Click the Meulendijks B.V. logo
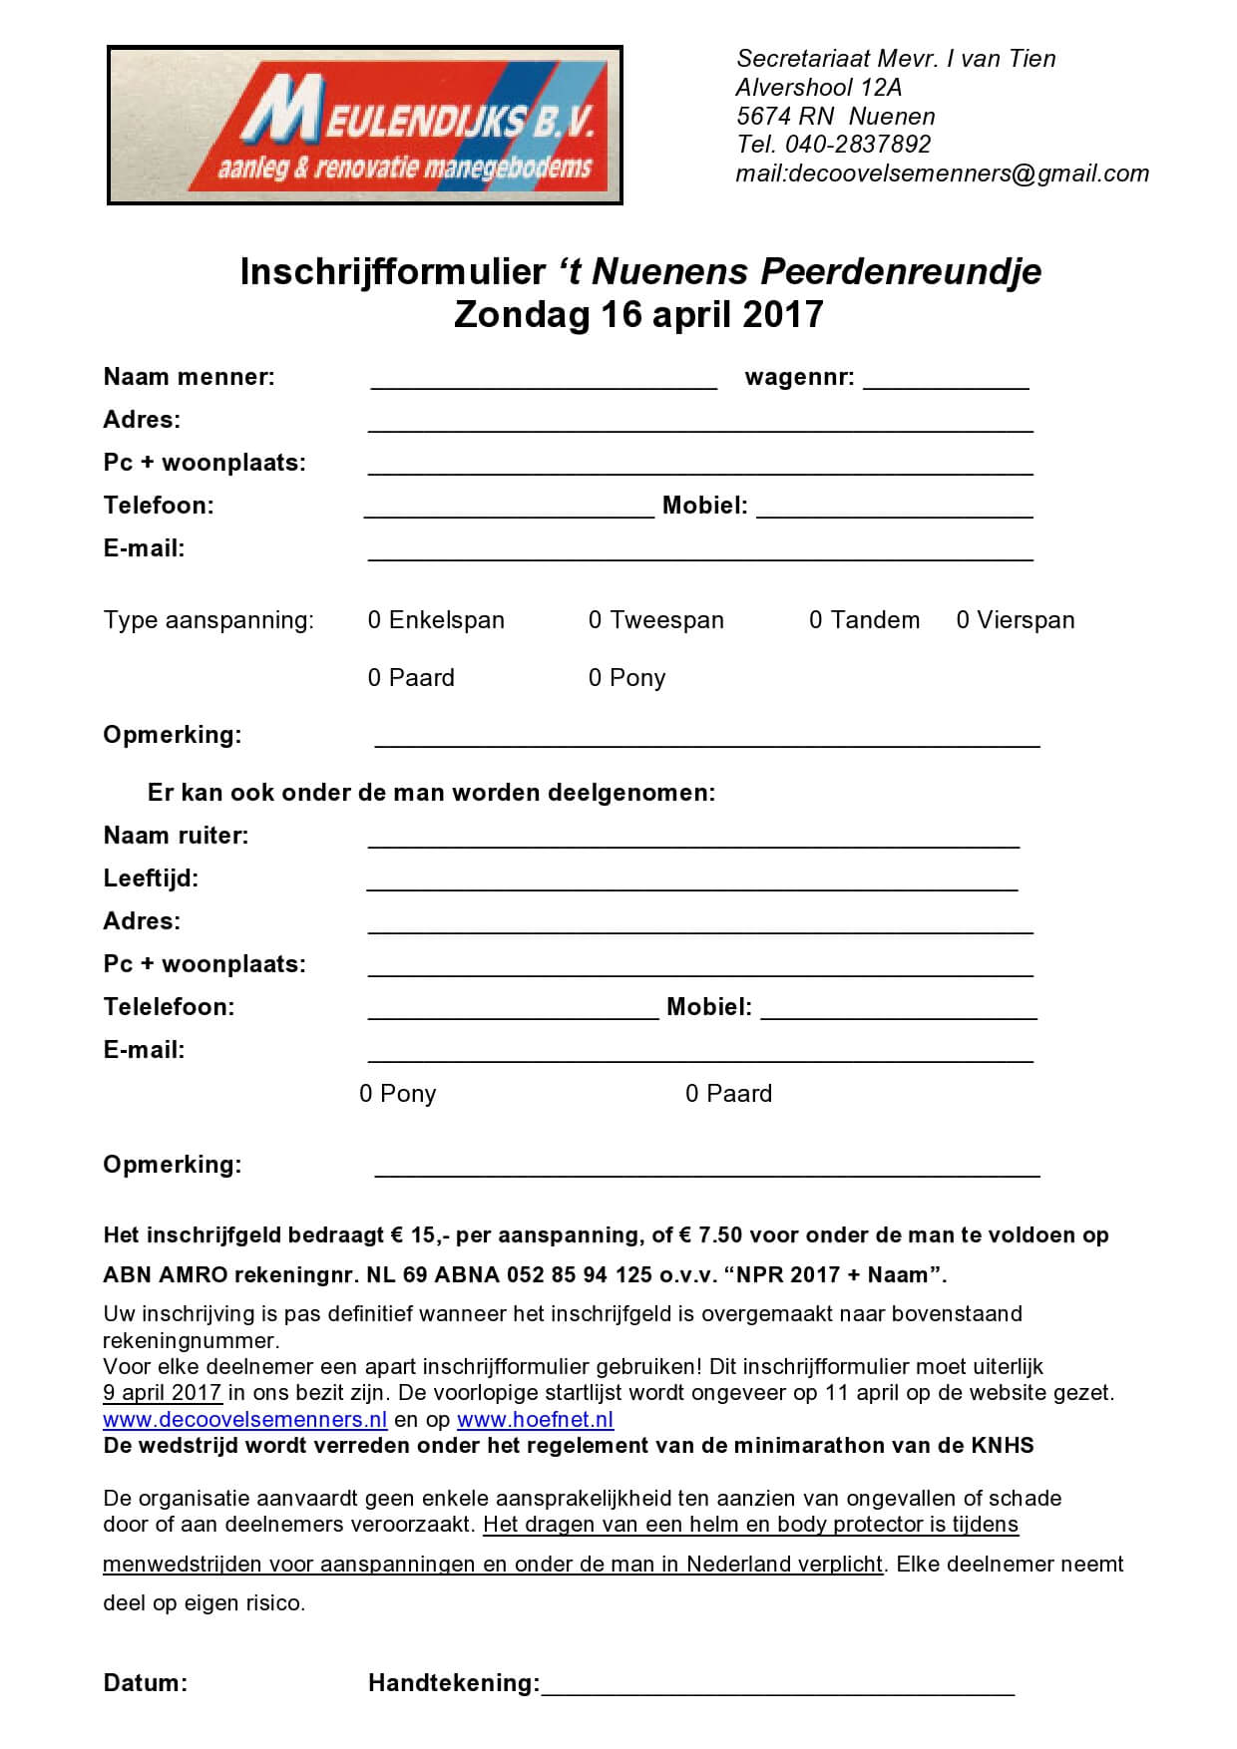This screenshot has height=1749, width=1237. [365, 125]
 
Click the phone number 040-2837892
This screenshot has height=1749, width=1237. [858, 145]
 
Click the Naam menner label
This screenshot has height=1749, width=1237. [189, 377]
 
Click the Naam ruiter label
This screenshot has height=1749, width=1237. [176, 836]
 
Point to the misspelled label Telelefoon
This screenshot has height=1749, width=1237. [169, 1007]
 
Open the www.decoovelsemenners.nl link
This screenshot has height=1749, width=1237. [244, 1420]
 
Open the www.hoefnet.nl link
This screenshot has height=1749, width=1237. [535, 1420]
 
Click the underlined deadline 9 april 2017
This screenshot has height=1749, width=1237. [162, 1393]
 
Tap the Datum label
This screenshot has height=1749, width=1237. [145, 1683]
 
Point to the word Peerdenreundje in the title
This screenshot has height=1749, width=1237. [901, 271]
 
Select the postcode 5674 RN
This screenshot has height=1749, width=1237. [784, 116]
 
